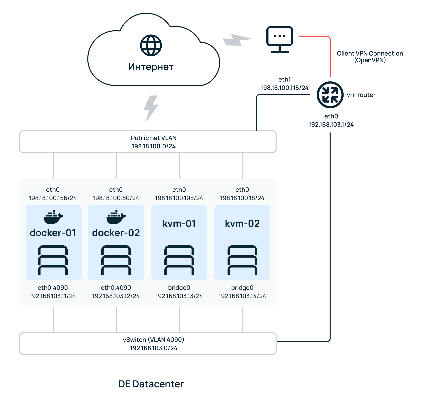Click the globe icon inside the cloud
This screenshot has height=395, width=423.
pyautogui.click(x=151, y=45)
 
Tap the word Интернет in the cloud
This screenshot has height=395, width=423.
pyautogui.click(x=151, y=67)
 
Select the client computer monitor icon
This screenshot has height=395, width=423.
pyautogui.click(x=280, y=39)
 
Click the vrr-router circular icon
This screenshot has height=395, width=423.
pyautogui.click(x=330, y=95)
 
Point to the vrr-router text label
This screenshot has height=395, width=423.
pyautogui.click(x=361, y=95)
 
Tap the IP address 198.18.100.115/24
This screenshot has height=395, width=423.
pyautogui.click(x=284, y=88)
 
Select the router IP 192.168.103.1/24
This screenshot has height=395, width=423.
pyautogui.click(x=331, y=125)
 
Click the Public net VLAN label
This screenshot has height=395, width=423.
pyautogui.click(x=154, y=138)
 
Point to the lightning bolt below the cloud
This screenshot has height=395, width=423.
pyautogui.click(x=151, y=108)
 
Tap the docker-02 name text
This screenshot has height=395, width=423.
pyautogui.click(x=116, y=233)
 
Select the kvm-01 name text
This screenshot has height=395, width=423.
pyautogui.click(x=179, y=224)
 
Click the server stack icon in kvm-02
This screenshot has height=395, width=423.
pyautogui.click(x=242, y=260)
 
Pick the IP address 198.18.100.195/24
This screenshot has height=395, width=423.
pyautogui.click(x=179, y=198)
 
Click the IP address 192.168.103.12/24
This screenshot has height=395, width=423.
pyautogui.click(x=116, y=296)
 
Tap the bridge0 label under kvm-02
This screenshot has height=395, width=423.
pyautogui.click(x=242, y=287)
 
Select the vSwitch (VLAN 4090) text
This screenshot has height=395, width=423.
pyautogui.click(x=154, y=340)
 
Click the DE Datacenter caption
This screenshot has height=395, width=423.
pyautogui.click(x=151, y=384)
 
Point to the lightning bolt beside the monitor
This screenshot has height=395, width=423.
pyautogui.click(x=237, y=40)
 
